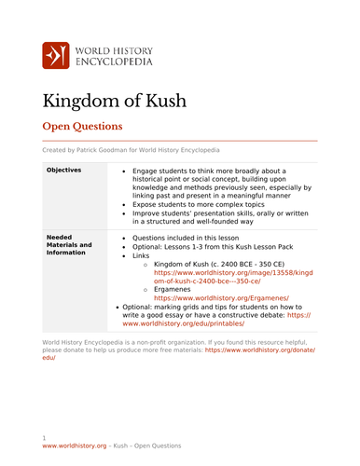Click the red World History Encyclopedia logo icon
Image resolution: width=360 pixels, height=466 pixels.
pyautogui.click(x=57, y=57)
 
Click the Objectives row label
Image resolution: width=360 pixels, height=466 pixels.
pyautogui.click(x=63, y=171)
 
